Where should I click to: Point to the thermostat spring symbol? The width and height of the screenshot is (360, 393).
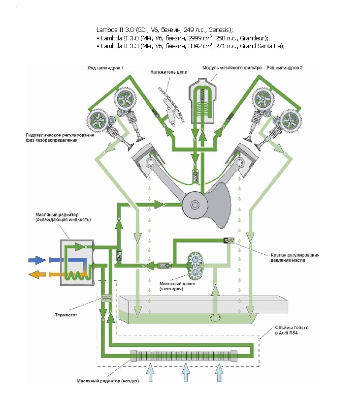click(x=105, y=299)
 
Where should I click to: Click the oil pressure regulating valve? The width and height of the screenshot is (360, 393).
click(x=230, y=241)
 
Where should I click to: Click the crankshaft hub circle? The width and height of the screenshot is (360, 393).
click(x=192, y=203)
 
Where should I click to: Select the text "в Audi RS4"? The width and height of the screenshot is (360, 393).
click(x=288, y=333)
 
